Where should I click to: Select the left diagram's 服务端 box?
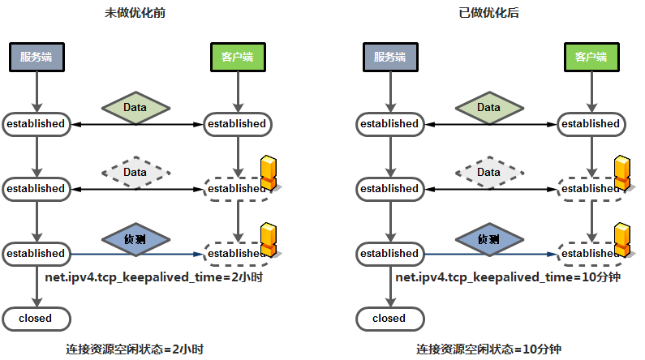[x=36, y=58]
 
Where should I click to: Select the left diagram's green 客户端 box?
[x=237, y=58]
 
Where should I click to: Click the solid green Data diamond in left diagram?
[x=135, y=107]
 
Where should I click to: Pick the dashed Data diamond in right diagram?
[x=488, y=172]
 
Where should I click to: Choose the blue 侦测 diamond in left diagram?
[x=135, y=239]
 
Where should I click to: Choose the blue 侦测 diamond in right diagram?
[x=488, y=239]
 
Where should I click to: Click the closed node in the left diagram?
[x=36, y=319]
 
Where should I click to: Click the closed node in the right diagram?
[x=389, y=319]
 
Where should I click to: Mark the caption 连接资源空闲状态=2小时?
[x=134, y=349]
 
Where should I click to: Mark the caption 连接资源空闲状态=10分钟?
[x=488, y=349]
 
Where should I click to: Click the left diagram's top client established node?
[x=237, y=124]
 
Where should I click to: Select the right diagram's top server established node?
[x=389, y=124]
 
